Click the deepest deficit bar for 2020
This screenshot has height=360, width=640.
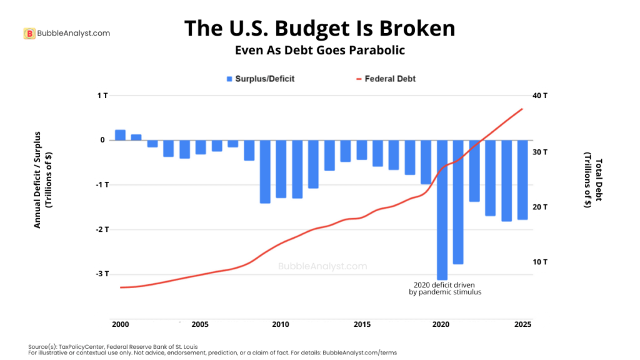(442, 209)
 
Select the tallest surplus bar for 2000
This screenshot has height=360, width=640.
(120, 135)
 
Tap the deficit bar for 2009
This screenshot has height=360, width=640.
(265, 171)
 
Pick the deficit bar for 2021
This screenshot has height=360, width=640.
(458, 201)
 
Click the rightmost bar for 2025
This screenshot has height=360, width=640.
(522, 179)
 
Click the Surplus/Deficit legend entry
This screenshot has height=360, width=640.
(260, 79)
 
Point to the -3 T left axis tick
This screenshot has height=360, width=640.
(102, 274)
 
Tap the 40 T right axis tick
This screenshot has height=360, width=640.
(540, 96)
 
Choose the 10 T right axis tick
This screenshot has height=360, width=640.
(540, 262)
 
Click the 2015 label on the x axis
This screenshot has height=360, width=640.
(361, 324)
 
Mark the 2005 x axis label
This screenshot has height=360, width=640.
(200, 324)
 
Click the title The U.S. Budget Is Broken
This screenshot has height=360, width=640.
(319, 28)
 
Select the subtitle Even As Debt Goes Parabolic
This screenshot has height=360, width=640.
(319, 50)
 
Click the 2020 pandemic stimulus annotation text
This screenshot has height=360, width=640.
(441, 287)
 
